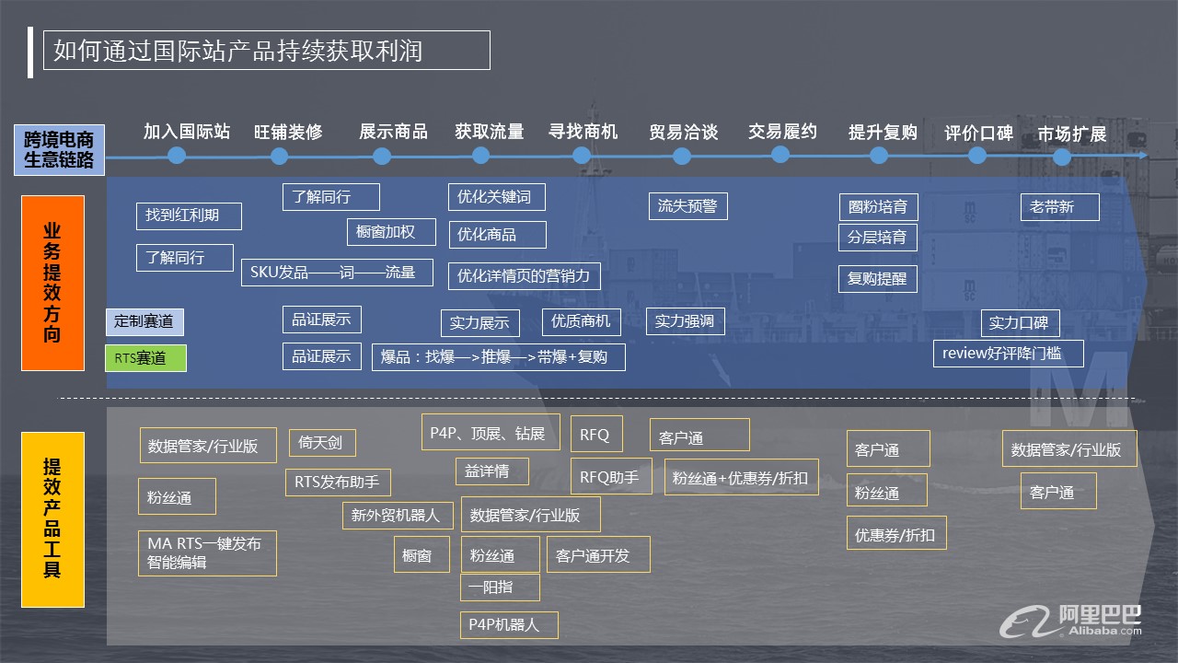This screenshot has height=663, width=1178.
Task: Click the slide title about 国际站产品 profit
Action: (x=266, y=51)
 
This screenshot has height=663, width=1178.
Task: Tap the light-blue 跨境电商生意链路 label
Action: (x=59, y=150)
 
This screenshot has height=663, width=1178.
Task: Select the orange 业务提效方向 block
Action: (x=52, y=283)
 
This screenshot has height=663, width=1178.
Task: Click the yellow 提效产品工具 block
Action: (x=52, y=519)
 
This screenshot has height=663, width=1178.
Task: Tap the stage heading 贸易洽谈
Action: (x=683, y=132)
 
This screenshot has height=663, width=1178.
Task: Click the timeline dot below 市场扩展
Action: (x=1061, y=157)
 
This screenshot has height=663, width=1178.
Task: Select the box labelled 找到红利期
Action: (x=189, y=215)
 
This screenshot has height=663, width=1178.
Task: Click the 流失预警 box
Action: (x=687, y=206)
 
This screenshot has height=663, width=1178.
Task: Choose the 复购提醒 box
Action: (x=878, y=278)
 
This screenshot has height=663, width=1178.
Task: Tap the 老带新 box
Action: (x=1059, y=207)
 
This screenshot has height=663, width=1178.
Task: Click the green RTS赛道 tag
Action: (x=145, y=358)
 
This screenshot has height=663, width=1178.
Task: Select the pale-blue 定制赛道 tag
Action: (x=144, y=321)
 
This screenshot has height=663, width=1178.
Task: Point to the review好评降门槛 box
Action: (x=1008, y=353)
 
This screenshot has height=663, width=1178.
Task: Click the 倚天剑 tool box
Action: (x=322, y=443)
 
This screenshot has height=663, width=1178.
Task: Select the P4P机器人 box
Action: (x=509, y=624)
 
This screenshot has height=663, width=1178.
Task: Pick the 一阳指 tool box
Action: (x=500, y=587)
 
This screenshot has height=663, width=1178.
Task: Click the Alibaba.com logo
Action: (x=1071, y=621)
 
